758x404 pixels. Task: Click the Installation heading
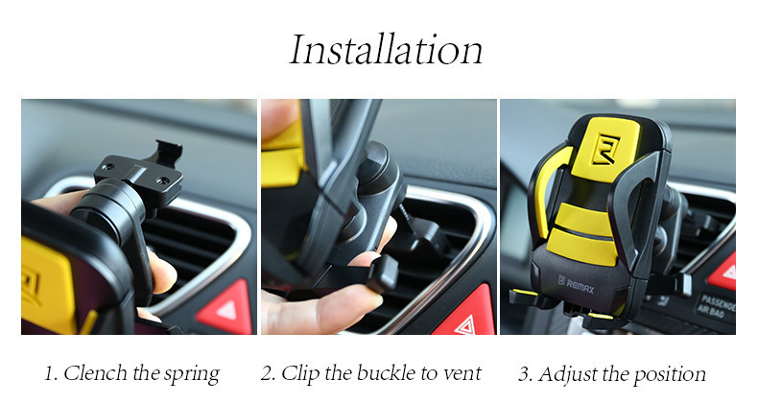coord(386,49)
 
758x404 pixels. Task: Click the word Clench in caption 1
coord(95,373)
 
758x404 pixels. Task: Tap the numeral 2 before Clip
coord(268,373)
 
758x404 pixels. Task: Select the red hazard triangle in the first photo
coord(225,308)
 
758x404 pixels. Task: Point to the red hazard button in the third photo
coord(724,273)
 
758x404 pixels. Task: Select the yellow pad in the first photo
coord(47,286)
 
